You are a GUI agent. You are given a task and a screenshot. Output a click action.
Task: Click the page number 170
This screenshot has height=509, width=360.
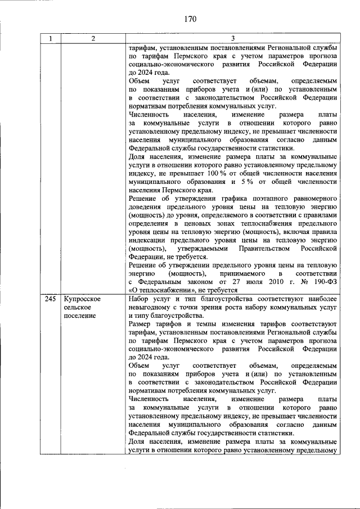pyautogui.click(x=189, y=19)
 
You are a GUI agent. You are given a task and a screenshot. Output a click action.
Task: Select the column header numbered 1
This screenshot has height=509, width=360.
pyautogui.click(x=51, y=39)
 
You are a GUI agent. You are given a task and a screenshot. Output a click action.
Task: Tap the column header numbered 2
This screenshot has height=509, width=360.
pyautogui.click(x=93, y=39)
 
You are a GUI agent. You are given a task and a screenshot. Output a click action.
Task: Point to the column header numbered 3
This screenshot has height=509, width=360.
pyautogui.click(x=233, y=39)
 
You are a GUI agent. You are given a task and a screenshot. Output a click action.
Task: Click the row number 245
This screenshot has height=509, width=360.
pyautogui.click(x=51, y=300)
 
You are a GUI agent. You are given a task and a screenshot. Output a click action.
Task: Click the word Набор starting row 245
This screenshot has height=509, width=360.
pyautogui.click(x=139, y=300)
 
